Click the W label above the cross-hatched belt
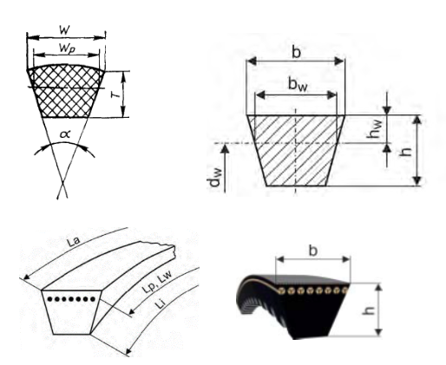point(65,29)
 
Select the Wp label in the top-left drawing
point(67,49)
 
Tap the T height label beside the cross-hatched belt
point(115,95)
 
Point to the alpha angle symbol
point(65,134)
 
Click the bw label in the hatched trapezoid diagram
point(298,84)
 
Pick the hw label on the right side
point(376,129)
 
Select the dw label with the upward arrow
point(214,177)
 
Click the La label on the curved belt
point(73,242)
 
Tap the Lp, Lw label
point(157,282)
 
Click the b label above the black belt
point(313,251)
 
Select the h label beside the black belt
point(369,310)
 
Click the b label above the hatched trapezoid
point(296,52)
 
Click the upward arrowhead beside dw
point(226,148)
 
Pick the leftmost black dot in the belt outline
point(49,299)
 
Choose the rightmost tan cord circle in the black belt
point(344,290)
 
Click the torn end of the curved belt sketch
point(172,251)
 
